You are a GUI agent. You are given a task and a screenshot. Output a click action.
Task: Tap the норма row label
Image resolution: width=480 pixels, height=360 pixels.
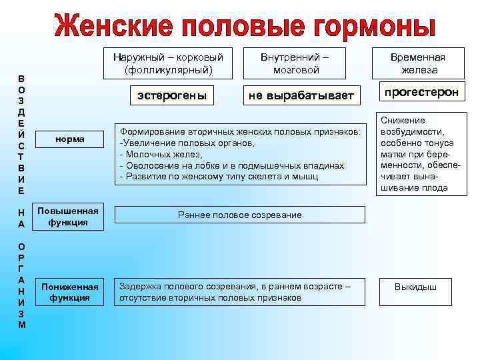pos(70,139)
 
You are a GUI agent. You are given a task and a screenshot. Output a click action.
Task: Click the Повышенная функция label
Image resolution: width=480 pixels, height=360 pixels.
pos(70,217)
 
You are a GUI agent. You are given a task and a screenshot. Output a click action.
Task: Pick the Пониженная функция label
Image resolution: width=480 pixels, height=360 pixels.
pos(70,292)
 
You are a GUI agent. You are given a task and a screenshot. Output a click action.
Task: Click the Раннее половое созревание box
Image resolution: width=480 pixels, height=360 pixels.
pos(240,215)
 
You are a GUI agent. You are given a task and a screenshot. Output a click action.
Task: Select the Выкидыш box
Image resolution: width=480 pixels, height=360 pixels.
pos(415,287)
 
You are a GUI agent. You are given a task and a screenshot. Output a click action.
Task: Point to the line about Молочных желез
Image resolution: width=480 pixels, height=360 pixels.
pos(160,154)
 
